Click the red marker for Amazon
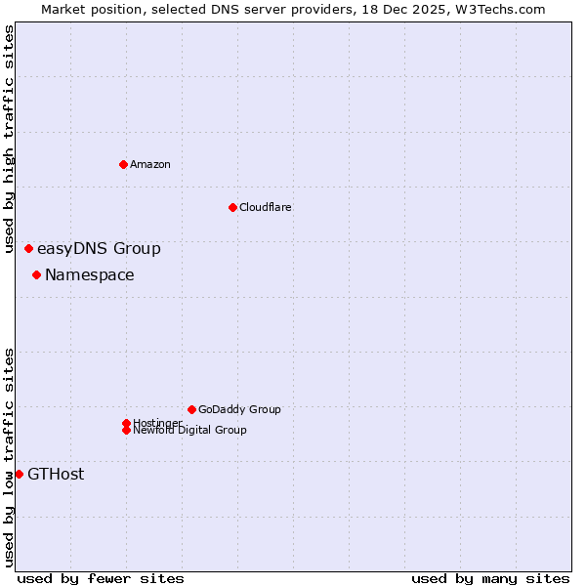(x=123, y=164)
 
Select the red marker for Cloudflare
(x=232, y=207)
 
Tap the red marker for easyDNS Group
(x=28, y=249)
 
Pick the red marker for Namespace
(x=36, y=274)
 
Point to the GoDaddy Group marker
(x=191, y=409)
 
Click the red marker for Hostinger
(x=126, y=423)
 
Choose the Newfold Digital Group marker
(x=126, y=430)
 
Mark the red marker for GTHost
(x=19, y=474)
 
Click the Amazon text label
(x=150, y=164)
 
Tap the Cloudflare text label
(x=266, y=207)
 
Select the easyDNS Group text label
(x=99, y=249)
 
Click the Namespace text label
(x=90, y=275)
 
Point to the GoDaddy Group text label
(x=239, y=409)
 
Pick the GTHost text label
(x=56, y=475)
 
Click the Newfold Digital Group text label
(x=190, y=431)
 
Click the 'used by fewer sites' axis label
(x=101, y=578)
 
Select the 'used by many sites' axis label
(x=490, y=578)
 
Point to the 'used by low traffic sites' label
(x=10, y=457)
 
